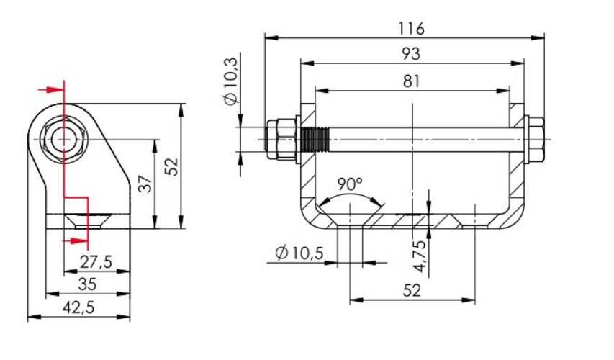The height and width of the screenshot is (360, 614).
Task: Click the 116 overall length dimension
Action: click(411, 28)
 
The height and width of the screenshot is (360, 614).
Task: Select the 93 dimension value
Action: click(411, 54)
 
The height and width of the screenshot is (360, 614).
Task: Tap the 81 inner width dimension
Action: click(411, 81)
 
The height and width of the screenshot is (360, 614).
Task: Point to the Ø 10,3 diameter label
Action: click(231, 81)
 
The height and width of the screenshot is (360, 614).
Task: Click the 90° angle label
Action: click(350, 184)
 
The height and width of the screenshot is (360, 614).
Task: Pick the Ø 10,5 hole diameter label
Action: click(299, 253)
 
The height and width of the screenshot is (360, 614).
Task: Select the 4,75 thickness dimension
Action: click(419, 256)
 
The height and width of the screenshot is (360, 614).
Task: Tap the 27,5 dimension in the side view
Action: click(96, 261)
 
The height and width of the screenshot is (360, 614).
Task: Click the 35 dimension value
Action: click(87, 284)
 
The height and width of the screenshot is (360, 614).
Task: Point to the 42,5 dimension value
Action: click(78, 307)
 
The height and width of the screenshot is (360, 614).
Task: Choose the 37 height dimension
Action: click(145, 184)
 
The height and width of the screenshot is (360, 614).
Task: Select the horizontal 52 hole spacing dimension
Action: click(412, 291)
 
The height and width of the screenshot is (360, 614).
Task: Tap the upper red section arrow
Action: click(50, 91)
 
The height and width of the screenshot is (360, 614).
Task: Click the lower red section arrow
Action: click(75, 241)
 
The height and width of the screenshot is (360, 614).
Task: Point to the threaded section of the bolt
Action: click(315, 140)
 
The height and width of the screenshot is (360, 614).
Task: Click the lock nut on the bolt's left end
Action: click(281, 140)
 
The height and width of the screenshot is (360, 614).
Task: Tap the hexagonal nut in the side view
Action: click(64, 140)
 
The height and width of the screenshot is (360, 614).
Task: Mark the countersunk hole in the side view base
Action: click(87, 220)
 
